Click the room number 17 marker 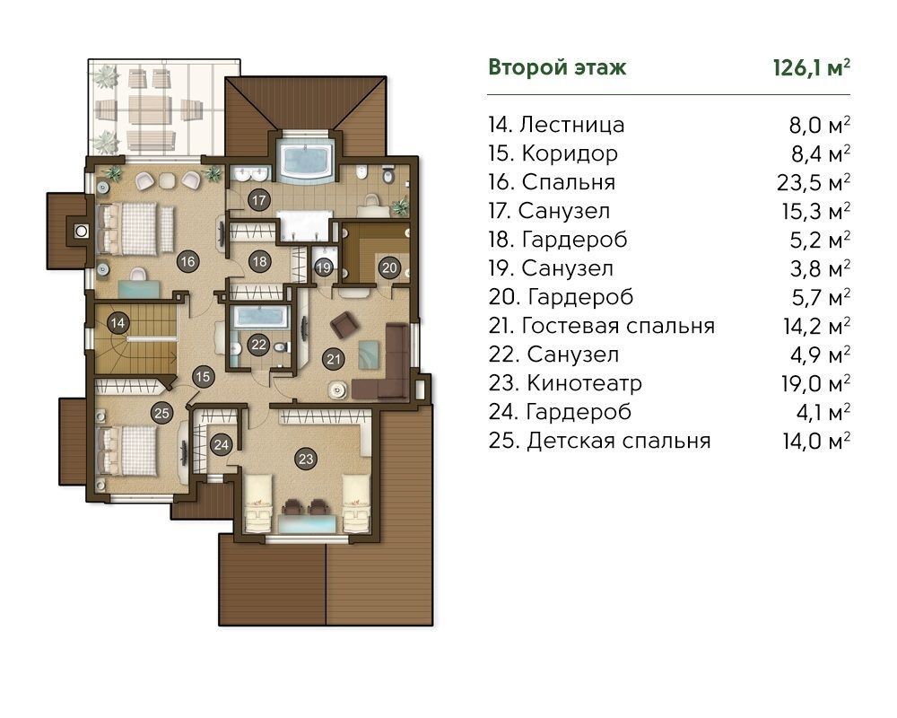[x=259, y=200]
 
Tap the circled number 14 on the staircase [x=118, y=322]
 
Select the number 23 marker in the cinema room [x=306, y=458]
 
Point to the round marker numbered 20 [x=389, y=267]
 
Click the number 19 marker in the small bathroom [x=324, y=267]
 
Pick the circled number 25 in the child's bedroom [x=161, y=413]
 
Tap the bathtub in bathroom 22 [x=260, y=317]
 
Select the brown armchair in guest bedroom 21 [x=344, y=325]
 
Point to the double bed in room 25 [x=128, y=450]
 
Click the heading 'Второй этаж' [x=557, y=67]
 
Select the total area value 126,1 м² [x=811, y=67]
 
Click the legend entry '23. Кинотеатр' [x=565, y=383]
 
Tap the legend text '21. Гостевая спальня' [x=602, y=326]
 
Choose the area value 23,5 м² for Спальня [x=813, y=182]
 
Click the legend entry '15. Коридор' [x=553, y=153]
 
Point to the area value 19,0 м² [x=815, y=383]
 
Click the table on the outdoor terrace [x=150, y=109]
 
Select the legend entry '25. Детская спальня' [x=599, y=441]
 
